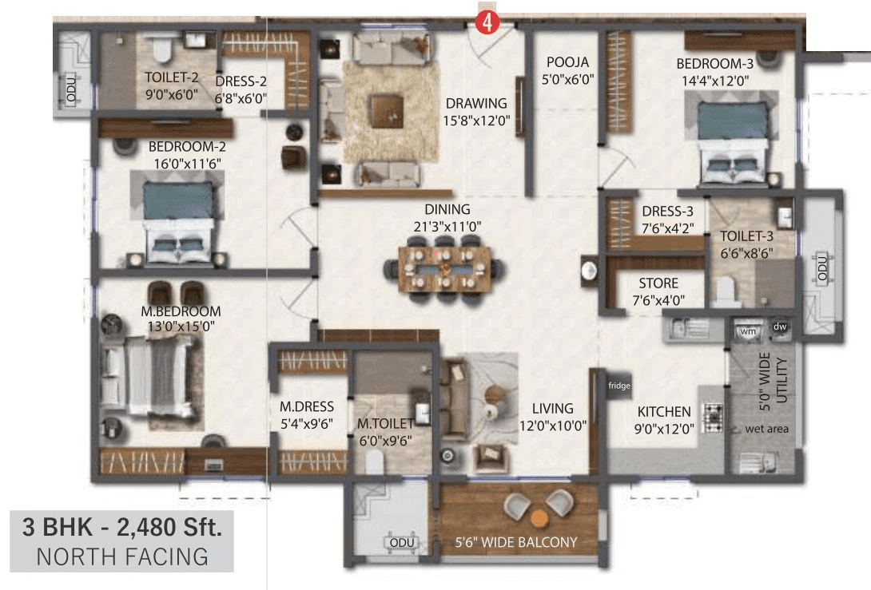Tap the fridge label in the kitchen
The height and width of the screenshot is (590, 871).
pyautogui.click(x=619, y=386)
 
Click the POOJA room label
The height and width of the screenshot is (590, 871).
pyautogui.click(x=567, y=62)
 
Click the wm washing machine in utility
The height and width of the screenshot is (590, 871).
pyautogui.click(x=749, y=330)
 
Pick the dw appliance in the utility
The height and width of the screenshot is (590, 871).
pyautogui.click(x=779, y=328)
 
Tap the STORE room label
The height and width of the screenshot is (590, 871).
pyautogui.click(x=658, y=283)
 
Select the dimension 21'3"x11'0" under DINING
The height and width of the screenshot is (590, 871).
pyautogui.click(x=447, y=226)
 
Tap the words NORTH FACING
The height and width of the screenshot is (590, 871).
pyautogui.click(x=122, y=556)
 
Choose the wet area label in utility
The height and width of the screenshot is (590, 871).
pyautogui.click(x=766, y=429)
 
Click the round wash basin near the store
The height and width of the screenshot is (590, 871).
pyautogui.click(x=590, y=271)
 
